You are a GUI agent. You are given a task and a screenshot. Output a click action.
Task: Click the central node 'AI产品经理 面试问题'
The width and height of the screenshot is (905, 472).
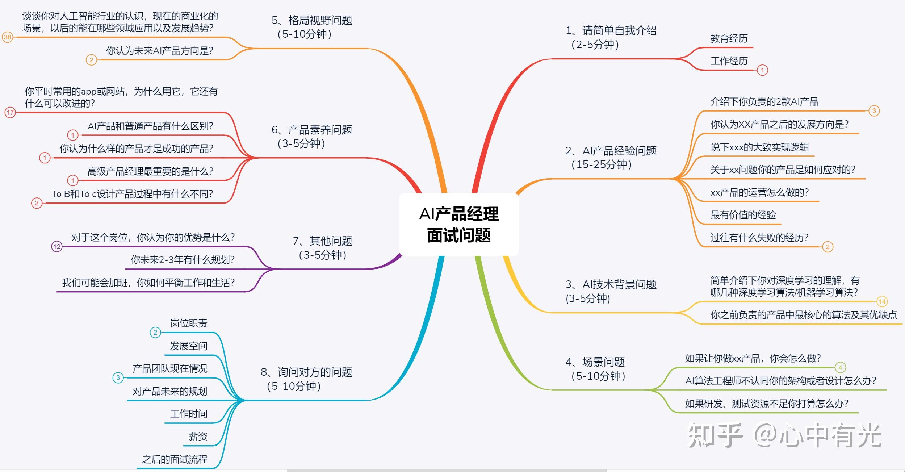458,224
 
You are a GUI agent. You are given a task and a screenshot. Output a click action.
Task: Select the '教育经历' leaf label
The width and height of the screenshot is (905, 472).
729,39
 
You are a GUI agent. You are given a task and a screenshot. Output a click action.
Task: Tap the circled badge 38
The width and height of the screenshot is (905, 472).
7,37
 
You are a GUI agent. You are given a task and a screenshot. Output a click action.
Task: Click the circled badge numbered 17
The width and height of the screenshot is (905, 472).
10,112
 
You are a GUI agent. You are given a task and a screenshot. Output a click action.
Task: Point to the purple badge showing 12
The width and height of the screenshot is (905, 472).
57,247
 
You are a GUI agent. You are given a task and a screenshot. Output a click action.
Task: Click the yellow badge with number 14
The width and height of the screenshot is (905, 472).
882,301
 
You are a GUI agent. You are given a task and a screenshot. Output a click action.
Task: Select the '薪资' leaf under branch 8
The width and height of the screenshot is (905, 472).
198,437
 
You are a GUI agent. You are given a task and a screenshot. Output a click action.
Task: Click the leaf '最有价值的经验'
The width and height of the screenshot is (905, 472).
743,215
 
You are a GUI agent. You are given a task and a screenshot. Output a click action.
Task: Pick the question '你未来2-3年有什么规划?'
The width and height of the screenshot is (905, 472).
183,260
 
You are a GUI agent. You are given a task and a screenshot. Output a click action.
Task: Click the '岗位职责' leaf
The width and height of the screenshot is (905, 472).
189,323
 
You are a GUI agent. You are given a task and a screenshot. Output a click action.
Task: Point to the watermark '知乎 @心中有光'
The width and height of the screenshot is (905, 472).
784,435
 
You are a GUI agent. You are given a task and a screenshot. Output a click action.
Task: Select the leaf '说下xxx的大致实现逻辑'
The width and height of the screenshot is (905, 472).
759,147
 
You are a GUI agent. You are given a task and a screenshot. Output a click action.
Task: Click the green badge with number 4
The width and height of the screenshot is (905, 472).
840,368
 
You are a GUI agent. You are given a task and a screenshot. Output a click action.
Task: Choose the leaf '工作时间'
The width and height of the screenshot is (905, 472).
189,414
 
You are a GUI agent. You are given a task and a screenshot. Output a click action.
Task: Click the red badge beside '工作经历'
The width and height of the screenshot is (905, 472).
762,70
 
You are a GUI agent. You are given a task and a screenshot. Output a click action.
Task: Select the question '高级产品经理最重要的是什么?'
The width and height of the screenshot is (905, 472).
150,171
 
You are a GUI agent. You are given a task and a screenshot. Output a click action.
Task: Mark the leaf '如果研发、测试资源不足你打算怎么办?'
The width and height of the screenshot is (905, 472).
766,404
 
